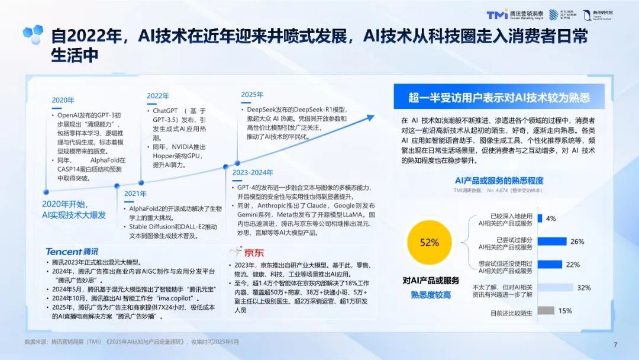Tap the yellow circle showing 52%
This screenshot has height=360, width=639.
(429, 243)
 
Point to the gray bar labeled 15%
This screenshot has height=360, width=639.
(546, 310)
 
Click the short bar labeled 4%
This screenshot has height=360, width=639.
(540, 218)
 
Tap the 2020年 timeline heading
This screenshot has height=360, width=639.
(63, 100)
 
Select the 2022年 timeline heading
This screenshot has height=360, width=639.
(158, 95)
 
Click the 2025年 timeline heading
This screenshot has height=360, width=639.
(252, 94)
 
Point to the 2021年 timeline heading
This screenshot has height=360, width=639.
(135, 193)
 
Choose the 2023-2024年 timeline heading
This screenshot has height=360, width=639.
(252, 172)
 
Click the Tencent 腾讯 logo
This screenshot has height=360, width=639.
(72, 252)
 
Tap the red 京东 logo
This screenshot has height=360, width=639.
(242, 252)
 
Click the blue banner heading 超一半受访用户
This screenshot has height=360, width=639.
(499, 98)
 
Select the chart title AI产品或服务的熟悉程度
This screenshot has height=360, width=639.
(499, 180)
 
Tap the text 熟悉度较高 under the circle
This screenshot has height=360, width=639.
(430, 294)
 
